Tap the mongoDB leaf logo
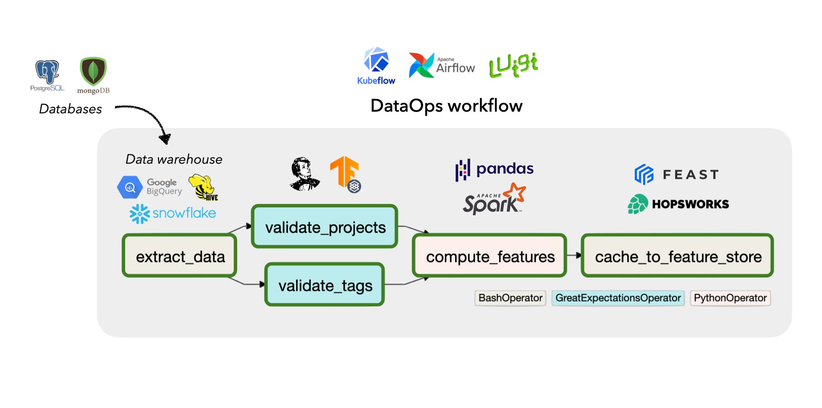[x=93, y=71]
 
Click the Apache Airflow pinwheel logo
[x=421, y=65]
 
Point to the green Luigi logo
[x=513, y=65]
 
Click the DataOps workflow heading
[x=446, y=106]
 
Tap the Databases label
[x=71, y=109]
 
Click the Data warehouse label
[x=174, y=160]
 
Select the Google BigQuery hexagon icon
[x=130, y=187]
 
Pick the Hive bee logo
[x=203, y=187]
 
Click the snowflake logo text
[x=184, y=213]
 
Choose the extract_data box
[x=180, y=256]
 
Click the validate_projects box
[x=325, y=227]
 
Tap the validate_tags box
[x=325, y=285]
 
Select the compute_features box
[x=490, y=256]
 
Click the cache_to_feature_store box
[x=677, y=256]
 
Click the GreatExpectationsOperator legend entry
[x=618, y=298]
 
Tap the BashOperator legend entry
[x=510, y=298]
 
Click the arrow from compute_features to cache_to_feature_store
[x=574, y=255]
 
